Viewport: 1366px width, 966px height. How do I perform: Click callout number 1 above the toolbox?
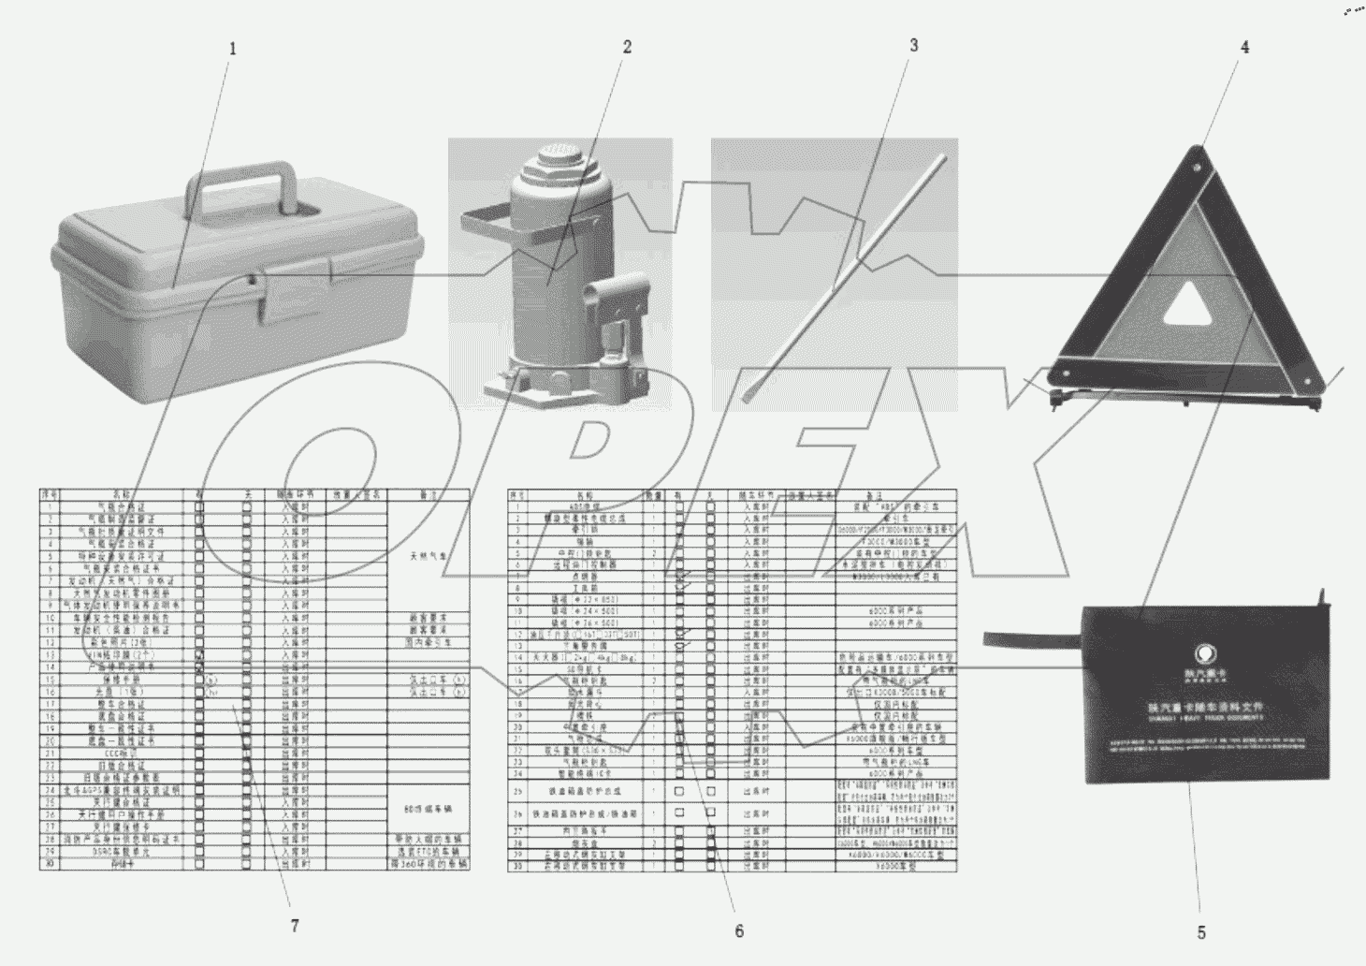(233, 48)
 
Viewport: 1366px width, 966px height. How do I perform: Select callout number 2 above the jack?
(627, 47)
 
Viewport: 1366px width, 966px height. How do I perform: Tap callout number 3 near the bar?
(913, 45)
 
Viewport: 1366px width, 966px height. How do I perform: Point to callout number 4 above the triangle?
(1244, 47)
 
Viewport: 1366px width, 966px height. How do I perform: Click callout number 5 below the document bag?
(1200, 932)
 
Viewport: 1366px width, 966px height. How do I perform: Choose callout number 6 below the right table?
(739, 930)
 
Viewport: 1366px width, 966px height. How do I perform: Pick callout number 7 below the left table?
(294, 926)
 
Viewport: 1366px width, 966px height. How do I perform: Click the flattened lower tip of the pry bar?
(749, 394)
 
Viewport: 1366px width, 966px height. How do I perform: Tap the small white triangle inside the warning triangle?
(1187, 306)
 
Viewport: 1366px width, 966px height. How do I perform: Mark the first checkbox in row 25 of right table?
(679, 791)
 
